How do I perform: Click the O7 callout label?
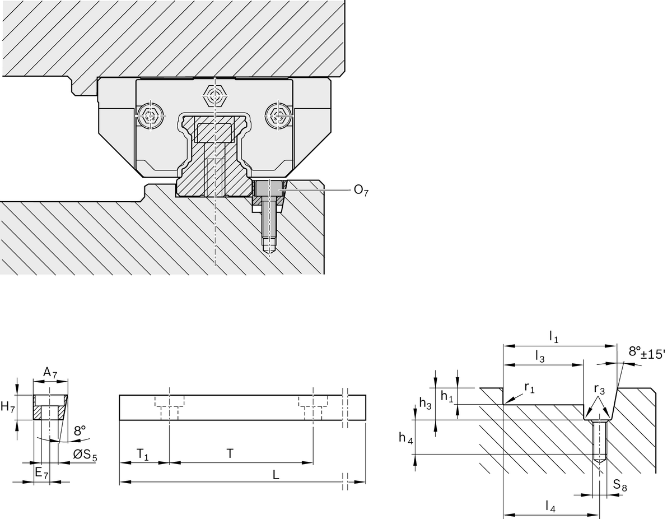click(361, 191)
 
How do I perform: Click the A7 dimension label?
click(50, 372)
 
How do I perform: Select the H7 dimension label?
click(8, 407)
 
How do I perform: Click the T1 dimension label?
click(143, 454)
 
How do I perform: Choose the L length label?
click(276, 474)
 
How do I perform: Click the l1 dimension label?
click(553, 337)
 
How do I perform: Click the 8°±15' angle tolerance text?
click(647, 353)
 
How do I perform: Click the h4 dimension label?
click(406, 438)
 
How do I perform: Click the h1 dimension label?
click(446, 396)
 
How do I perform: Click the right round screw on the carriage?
click(278, 116)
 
